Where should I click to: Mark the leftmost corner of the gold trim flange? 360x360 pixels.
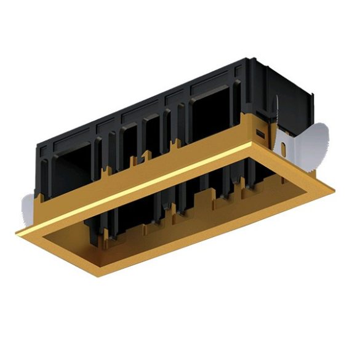pos(17,231)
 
